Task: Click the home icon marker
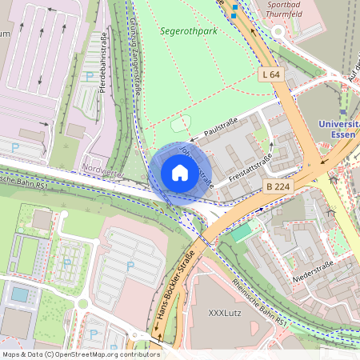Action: pos(180,173)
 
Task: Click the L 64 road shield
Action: pos(271,74)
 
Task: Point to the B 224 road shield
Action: pos(276,186)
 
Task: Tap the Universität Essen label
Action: pos(338,130)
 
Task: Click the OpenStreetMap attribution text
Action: pos(80,354)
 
